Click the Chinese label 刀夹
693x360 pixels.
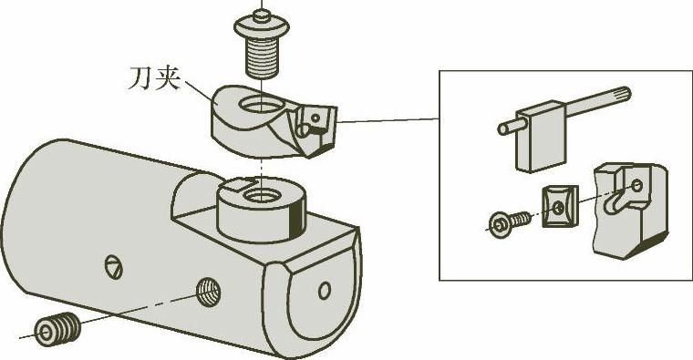click(154, 78)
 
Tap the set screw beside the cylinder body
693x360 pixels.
click(57, 329)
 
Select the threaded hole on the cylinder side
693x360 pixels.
click(208, 292)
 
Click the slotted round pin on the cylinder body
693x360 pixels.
click(114, 266)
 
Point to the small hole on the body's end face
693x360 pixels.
click(325, 290)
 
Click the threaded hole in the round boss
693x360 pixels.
click(260, 194)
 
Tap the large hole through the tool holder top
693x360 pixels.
click(261, 104)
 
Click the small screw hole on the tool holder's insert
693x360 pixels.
click(315, 118)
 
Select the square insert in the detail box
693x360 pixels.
click(561, 206)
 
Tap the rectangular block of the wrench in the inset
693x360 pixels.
click(540, 137)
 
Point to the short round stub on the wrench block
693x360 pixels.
click(507, 129)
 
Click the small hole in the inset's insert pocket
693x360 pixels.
click(636, 185)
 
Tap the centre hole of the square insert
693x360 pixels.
click(559, 207)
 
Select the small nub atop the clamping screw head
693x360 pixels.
click(262, 15)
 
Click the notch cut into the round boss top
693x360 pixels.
click(238, 184)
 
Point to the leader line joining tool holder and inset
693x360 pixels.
click(388, 120)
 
